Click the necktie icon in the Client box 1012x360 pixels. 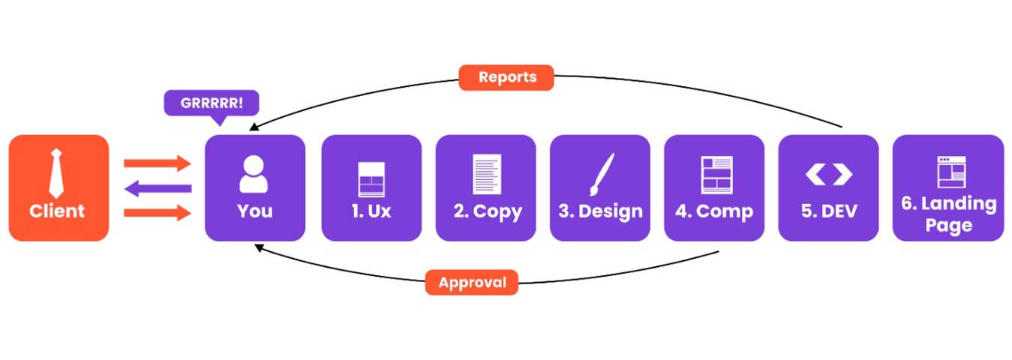[x=57, y=173]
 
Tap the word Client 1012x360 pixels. [x=57, y=211]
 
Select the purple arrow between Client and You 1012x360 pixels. [x=157, y=189]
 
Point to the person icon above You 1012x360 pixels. [x=254, y=175]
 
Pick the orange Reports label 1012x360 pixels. [x=506, y=77]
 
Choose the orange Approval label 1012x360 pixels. [x=472, y=283]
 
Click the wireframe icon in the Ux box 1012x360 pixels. [x=371, y=179]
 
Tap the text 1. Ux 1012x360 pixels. [x=371, y=211]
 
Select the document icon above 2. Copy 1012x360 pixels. [x=486, y=174]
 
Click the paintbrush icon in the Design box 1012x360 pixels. [x=602, y=175]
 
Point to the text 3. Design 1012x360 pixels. [x=600, y=211]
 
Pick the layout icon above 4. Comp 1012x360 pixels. [x=716, y=175]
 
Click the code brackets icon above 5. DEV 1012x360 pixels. [x=828, y=175]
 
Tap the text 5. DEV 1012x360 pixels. [x=828, y=211]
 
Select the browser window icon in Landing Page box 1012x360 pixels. [x=950, y=172]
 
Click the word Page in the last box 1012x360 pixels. [x=948, y=226]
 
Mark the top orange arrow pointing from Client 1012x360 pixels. [x=157, y=163]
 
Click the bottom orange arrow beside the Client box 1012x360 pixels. [x=157, y=214]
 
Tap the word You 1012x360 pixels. [x=254, y=211]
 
